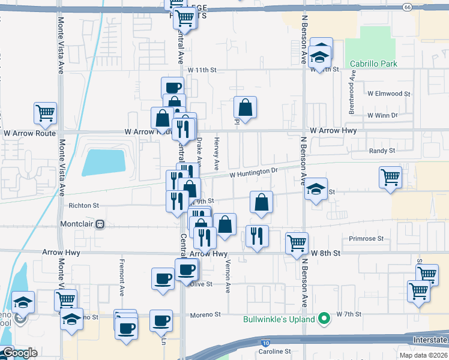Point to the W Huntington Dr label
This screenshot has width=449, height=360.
coord(254,171)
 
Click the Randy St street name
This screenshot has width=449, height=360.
coord(382,151)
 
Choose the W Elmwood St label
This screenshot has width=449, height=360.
coord(389,94)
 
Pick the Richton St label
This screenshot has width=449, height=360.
coord(83,205)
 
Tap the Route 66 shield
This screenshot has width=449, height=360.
coord(408,7)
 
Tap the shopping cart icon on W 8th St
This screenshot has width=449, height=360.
coord(297,243)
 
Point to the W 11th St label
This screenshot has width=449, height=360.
coord(201,70)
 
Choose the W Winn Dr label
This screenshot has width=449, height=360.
coord(382,115)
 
